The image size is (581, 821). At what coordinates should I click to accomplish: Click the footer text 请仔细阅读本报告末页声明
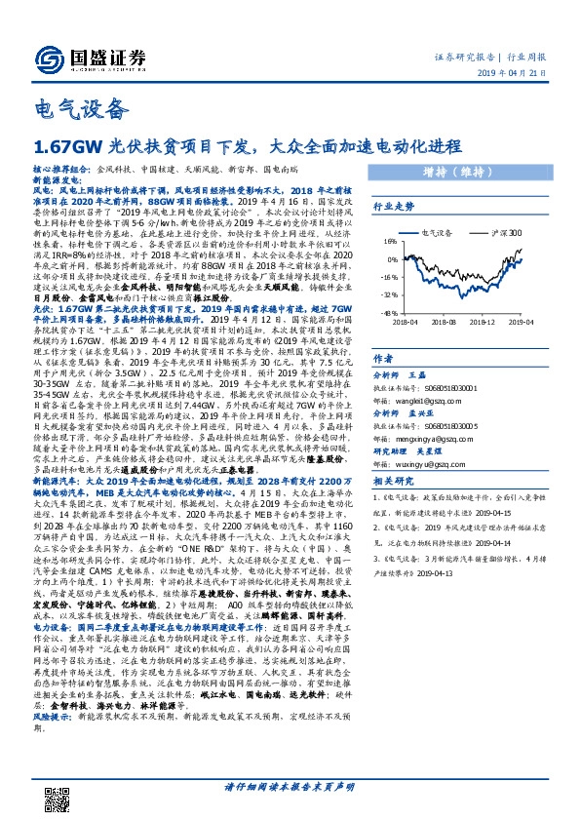click(x=290, y=788)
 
